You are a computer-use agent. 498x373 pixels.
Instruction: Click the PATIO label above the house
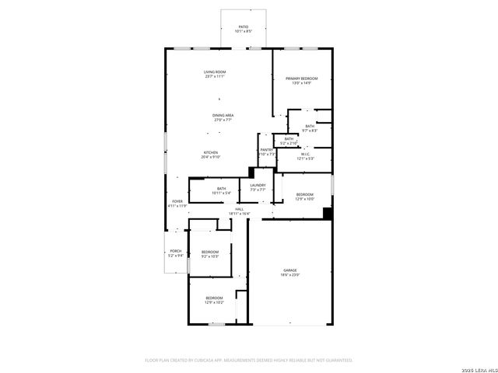tap(244, 26)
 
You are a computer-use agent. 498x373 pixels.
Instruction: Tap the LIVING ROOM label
tap(215, 71)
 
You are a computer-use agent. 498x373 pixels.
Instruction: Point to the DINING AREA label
tap(223, 115)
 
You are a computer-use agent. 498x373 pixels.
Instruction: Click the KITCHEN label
tap(211, 152)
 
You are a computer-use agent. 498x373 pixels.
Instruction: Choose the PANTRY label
tap(266, 149)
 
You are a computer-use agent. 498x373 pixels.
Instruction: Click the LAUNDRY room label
tap(258, 185)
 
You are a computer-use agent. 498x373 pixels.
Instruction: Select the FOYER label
tap(177, 201)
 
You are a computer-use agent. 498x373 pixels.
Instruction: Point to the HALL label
tap(239, 208)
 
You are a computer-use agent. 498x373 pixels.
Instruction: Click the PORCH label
tap(176, 250)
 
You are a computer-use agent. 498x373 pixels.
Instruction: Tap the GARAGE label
tap(289, 270)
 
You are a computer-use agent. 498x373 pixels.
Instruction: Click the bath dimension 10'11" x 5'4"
tap(221, 193)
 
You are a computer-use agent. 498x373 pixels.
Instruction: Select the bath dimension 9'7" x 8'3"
tap(310, 131)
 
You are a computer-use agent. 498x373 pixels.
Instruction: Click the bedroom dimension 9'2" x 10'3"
tap(210, 256)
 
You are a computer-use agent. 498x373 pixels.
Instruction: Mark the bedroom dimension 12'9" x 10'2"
tap(214, 302)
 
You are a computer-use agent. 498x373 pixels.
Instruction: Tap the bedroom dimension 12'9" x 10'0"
tap(304, 198)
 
